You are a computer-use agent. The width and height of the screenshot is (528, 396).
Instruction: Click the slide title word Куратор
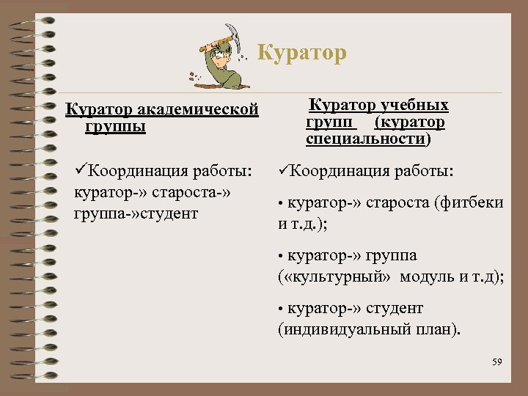303,54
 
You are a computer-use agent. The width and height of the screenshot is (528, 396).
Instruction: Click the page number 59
497,362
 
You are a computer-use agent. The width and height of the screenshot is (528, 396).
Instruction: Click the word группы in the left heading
115,126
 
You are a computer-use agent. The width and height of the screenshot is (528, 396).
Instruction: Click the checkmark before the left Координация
81,172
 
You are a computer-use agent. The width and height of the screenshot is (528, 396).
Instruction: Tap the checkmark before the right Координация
284,172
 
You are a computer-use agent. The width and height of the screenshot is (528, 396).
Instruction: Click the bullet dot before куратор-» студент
281,309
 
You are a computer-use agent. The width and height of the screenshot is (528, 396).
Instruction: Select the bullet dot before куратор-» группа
281,257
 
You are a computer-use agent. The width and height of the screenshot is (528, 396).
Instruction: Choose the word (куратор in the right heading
411,122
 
